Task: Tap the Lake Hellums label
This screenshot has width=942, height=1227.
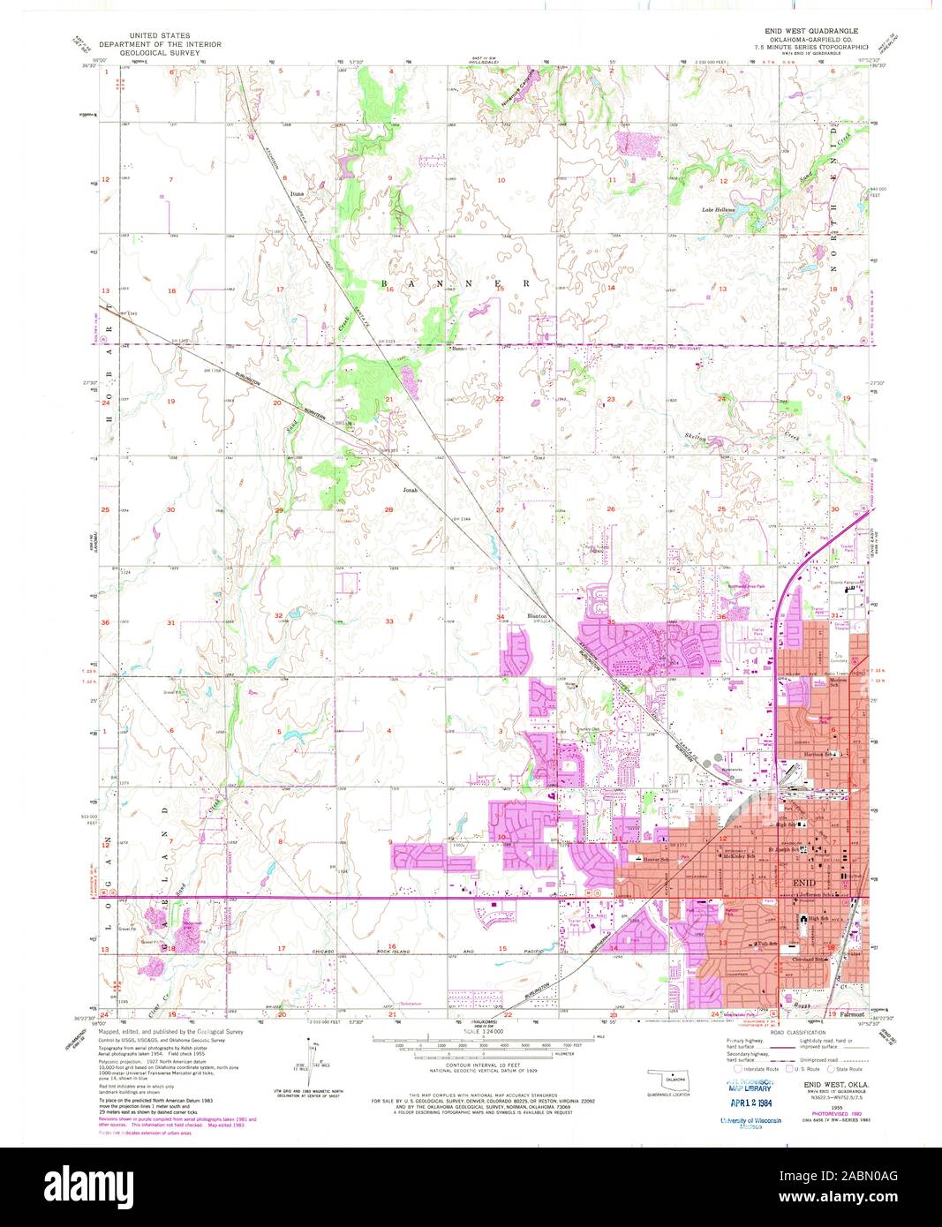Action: click(x=719, y=209)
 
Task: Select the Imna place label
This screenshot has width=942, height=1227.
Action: click(x=297, y=191)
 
